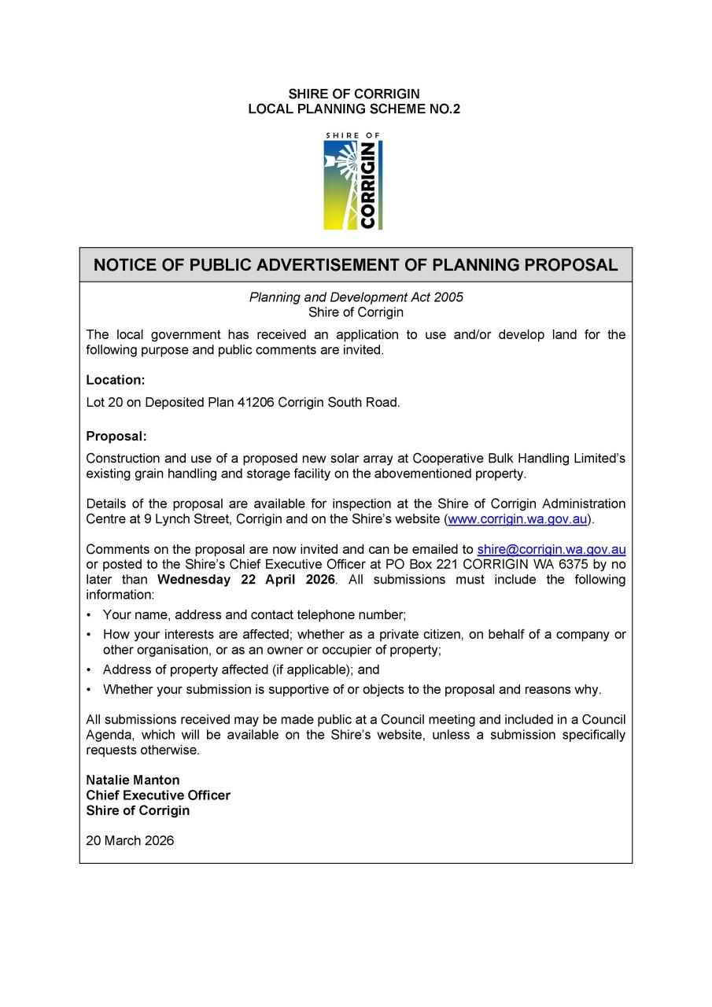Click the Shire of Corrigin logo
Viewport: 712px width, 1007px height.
click(353, 182)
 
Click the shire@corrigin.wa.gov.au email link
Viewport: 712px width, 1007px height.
click(551, 549)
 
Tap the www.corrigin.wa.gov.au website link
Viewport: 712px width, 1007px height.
click(518, 519)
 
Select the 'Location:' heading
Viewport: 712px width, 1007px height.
click(116, 380)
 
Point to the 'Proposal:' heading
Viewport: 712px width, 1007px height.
click(116, 436)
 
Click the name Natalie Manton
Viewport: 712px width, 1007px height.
click(133, 780)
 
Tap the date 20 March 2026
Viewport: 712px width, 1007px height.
click(130, 840)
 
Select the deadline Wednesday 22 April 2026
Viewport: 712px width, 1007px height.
click(246, 580)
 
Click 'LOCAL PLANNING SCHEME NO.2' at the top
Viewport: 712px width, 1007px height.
click(354, 109)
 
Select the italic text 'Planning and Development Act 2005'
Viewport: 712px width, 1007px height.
click(356, 297)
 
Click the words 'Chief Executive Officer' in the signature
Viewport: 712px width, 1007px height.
click(158, 795)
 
